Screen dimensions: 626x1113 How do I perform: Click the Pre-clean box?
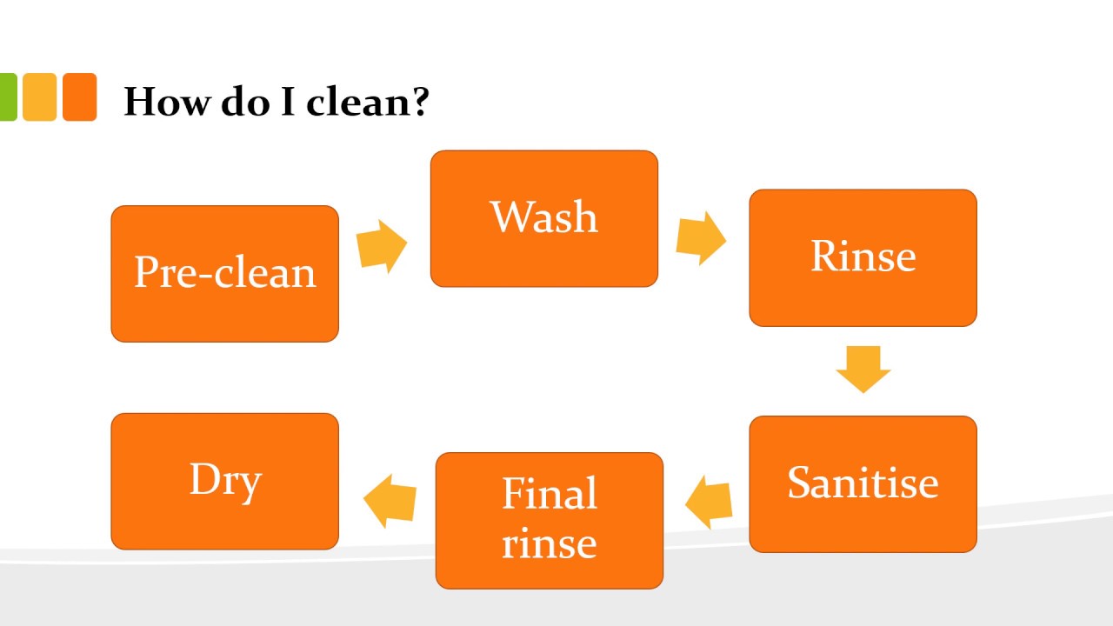pyautogui.click(x=224, y=274)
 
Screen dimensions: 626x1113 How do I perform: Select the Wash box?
pyautogui.click(x=544, y=218)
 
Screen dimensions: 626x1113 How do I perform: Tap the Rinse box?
pyautogui.click(x=863, y=257)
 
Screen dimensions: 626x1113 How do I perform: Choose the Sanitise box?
pyautogui.click(x=863, y=483)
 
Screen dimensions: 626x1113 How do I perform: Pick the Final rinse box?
pyautogui.click(x=549, y=520)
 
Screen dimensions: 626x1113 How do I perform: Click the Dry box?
pyautogui.click(x=224, y=481)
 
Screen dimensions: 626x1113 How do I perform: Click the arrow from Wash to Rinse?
pyautogui.click(x=701, y=237)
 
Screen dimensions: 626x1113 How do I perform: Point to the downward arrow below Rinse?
pyautogui.click(x=863, y=369)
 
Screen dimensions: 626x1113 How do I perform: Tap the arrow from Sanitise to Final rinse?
pyautogui.click(x=709, y=503)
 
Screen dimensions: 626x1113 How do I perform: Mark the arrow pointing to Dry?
pyautogui.click(x=389, y=502)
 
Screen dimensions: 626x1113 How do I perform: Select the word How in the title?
pyautogui.click(x=166, y=102)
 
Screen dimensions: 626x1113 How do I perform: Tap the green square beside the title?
pyautogui.click(x=8, y=97)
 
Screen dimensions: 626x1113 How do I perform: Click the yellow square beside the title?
pyautogui.click(x=39, y=97)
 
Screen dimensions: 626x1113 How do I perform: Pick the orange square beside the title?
pyautogui.click(x=79, y=97)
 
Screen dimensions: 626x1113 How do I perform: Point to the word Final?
pyautogui.click(x=550, y=495)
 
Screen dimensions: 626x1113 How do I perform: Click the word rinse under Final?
pyautogui.click(x=549, y=543)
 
